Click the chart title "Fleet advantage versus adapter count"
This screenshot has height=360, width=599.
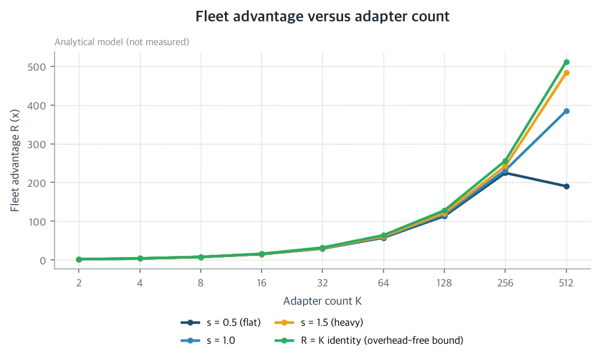click(322, 16)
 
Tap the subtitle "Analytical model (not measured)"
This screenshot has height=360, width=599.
click(122, 42)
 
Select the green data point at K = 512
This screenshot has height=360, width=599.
click(566, 62)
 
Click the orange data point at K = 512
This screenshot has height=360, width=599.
click(566, 73)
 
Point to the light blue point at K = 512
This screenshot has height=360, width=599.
click(566, 111)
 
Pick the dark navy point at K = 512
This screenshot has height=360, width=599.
click(566, 187)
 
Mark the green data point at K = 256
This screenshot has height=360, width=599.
click(505, 161)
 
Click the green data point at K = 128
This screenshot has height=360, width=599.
click(444, 210)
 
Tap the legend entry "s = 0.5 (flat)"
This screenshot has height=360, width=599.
click(221, 322)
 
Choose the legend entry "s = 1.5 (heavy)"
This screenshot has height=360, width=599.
click(318, 322)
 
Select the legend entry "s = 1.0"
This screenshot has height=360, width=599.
click(208, 340)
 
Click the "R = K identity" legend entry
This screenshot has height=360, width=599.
click(368, 340)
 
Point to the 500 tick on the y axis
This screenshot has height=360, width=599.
click(37, 67)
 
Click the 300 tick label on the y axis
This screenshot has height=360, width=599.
click(37, 145)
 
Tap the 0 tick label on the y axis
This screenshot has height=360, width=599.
click(42, 260)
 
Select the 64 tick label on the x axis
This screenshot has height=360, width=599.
click(383, 283)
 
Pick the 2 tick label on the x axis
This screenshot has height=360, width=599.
click(79, 283)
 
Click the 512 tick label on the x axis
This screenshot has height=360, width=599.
click(566, 283)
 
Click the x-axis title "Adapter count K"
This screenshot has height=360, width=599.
click(322, 301)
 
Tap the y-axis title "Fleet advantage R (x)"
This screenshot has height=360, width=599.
click(15, 160)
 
